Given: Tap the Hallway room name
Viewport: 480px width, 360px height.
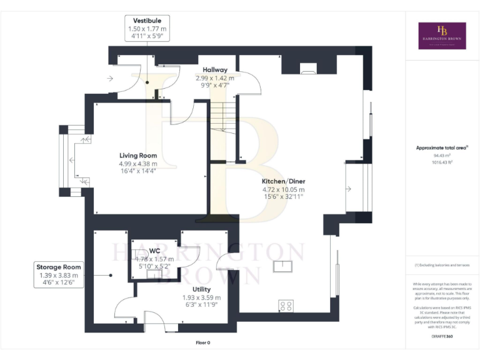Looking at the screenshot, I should (214, 69).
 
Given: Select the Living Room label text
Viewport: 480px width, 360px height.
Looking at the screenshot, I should (138, 156).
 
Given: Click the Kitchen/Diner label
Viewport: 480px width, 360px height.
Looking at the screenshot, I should (283, 181).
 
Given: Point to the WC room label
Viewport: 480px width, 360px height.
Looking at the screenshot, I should (154, 250).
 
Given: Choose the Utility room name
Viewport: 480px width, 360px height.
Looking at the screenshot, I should (201, 289).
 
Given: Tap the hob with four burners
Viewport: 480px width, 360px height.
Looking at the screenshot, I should (286, 306).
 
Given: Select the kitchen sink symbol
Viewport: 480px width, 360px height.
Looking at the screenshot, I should (283, 266).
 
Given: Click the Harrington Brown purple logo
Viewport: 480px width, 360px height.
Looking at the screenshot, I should (442, 36).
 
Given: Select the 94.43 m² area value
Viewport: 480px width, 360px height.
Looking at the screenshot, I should (442, 156).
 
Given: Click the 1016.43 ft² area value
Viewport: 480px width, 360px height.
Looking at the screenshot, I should (442, 162).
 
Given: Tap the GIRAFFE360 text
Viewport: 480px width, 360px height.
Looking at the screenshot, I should (442, 337).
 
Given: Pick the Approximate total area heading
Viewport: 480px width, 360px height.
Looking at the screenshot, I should (441, 147).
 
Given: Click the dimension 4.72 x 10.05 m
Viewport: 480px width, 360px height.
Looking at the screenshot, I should (283, 189).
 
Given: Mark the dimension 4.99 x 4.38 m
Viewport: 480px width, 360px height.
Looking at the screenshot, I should (138, 164).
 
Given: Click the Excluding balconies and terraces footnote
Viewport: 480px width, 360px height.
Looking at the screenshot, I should (442, 266).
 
